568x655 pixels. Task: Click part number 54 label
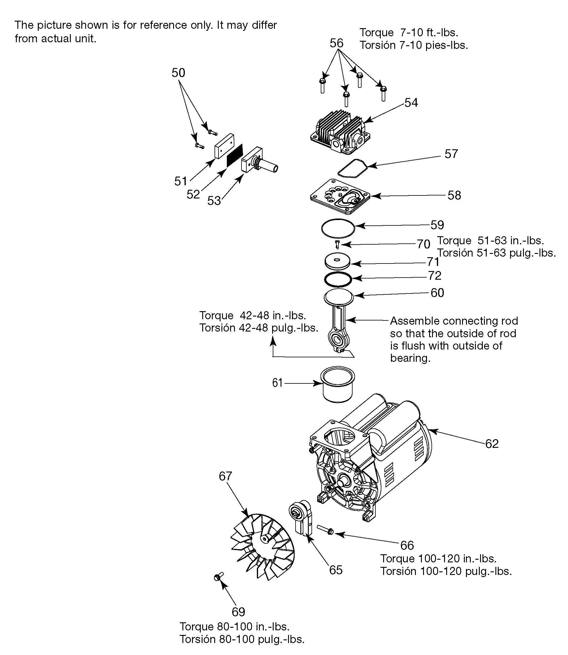[411, 103]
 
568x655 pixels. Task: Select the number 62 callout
[491, 444]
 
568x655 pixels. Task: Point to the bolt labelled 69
[218, 577]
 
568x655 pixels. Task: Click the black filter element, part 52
[235, 155]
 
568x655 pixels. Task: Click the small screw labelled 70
[338, 244]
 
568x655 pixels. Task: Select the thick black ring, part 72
[338, 279]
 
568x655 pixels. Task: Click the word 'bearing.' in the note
[410, 358]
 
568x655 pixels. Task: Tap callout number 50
[178, 73]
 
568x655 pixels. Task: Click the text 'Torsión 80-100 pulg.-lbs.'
[242, 639]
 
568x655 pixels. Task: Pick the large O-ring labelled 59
[338, 228]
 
